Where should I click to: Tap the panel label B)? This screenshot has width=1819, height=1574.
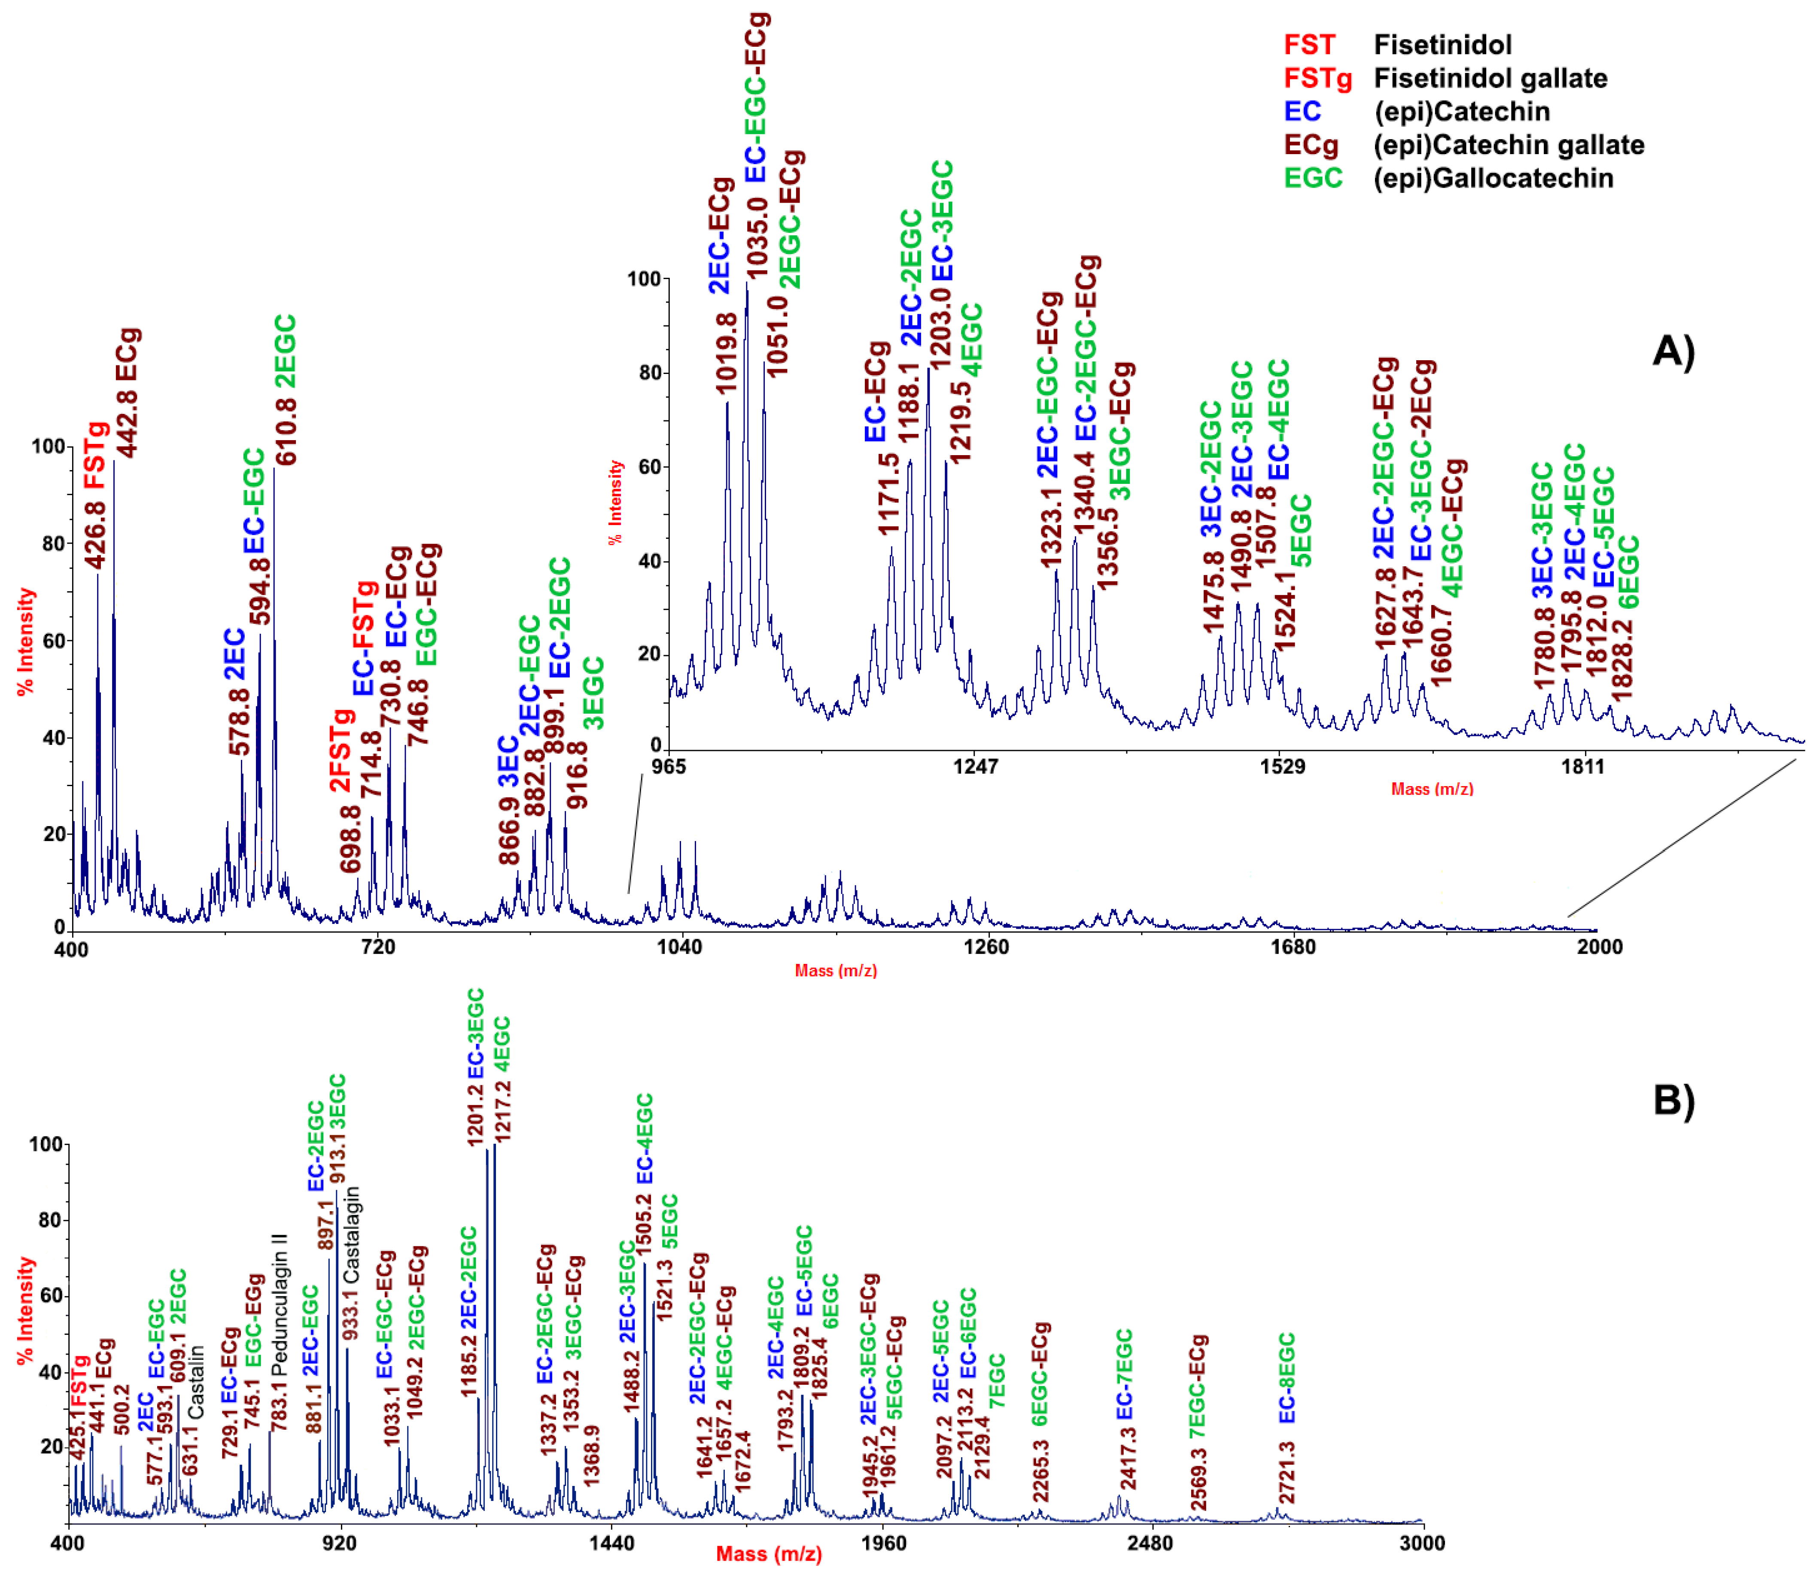click(x=1673, y=1100)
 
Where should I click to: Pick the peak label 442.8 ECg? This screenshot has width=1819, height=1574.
click(x=128, y=392)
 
